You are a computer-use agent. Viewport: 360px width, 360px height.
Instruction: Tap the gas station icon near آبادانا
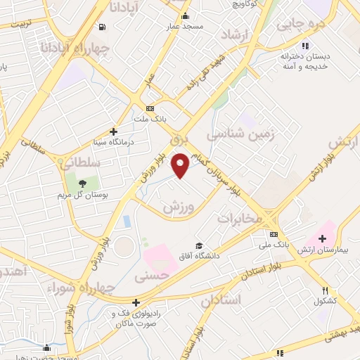pos(103,27)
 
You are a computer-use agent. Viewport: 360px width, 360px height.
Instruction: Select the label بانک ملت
pos(167,120)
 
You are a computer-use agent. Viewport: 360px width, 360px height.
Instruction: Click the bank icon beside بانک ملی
pos(274,234)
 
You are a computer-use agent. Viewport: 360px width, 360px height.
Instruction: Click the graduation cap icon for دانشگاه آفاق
pos(199,245)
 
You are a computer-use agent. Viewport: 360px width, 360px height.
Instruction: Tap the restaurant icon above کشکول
pos(325,290)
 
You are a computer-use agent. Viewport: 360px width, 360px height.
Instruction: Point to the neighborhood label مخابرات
pos(239,218)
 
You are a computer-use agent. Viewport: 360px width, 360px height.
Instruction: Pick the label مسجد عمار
pos(185,26)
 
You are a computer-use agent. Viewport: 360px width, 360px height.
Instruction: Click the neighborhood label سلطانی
pos(82,162)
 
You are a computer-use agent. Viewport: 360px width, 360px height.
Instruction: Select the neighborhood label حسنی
pos(153,277)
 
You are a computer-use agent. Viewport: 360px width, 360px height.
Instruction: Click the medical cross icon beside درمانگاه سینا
pos(113,131)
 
